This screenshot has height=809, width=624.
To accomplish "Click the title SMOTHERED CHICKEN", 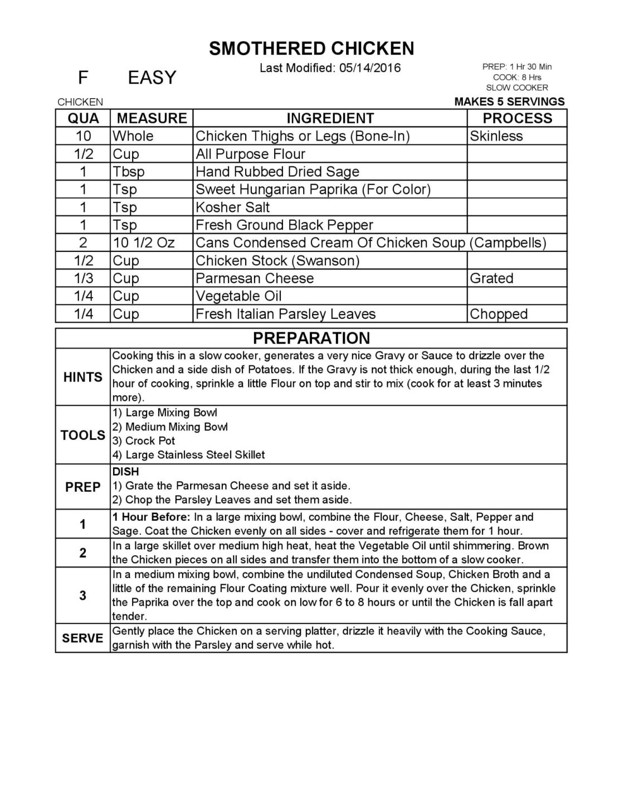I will (311, 49).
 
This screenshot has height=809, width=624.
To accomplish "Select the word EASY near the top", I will (152, 77).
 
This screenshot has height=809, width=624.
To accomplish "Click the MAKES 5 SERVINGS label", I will (509, 101).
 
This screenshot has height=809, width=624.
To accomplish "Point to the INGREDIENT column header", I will (330, 118).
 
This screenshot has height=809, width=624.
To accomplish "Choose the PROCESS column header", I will (517, 118).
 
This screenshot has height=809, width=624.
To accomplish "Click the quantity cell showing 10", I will (83, 136).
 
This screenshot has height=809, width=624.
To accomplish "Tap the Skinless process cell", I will (496, 136).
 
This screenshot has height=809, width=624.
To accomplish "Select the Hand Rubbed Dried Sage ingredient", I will (277, 172).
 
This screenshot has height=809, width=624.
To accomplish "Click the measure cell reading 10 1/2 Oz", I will (144, 243).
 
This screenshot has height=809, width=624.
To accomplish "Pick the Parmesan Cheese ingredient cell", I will (255, 278).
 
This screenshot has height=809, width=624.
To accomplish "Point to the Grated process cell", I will (491, 278).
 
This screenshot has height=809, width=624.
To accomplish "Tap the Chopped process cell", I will (498, 314).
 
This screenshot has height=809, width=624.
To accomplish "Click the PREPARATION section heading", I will (311, 338).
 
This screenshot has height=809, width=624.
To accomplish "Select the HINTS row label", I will (83, 377).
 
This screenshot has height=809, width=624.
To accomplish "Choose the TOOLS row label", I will (83, 435).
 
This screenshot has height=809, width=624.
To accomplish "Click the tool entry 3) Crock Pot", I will (144, 440).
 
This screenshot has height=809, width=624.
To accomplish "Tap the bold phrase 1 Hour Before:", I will (152, 517).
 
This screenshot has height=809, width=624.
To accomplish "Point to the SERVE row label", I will (82, 638).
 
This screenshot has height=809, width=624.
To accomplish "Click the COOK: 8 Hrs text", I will (516, 77).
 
